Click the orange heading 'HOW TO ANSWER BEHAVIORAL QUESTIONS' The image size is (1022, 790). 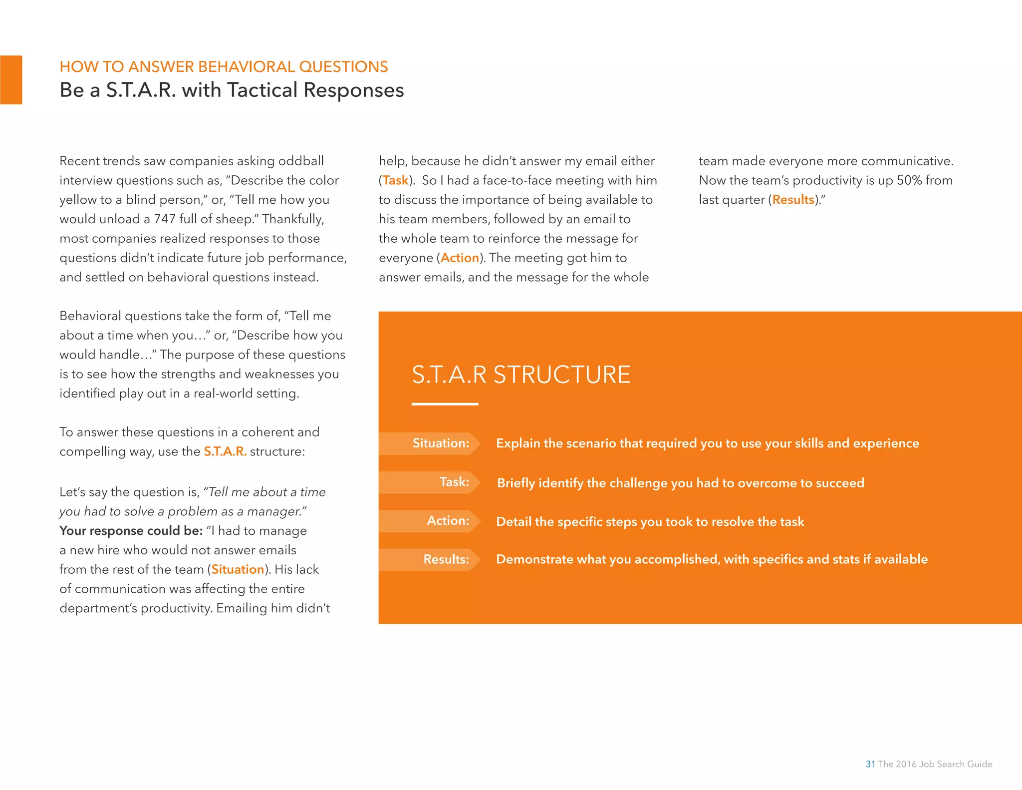coord(224,67)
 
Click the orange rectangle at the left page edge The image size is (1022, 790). coord(11,80)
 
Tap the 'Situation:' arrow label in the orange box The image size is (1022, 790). coord(429,443)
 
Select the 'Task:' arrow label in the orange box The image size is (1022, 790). coord(439,482)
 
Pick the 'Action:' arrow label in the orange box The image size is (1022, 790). coord(434,521)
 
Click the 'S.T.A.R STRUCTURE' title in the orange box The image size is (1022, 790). coord(520,375)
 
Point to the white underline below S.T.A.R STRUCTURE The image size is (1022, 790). coord(445,404)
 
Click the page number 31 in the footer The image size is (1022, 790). coord(870,764)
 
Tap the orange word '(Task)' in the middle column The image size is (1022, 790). coord(396,180)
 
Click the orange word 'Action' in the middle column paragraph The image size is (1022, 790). coord(460,258)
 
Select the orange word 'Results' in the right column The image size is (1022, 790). coord(793,200)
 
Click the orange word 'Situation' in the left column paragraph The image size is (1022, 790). coord(238,569)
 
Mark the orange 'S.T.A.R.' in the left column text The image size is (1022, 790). coord(225,451)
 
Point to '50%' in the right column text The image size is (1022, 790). coord(909,180)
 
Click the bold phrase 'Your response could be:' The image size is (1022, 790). coord(131,531)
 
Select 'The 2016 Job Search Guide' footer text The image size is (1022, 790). coord(935,764)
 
